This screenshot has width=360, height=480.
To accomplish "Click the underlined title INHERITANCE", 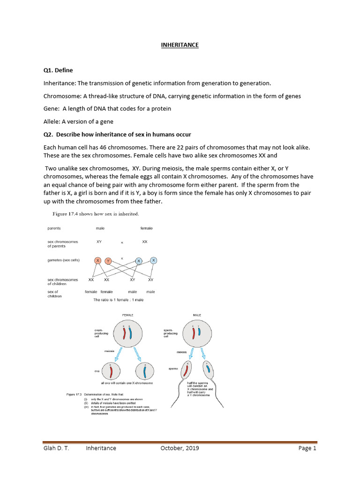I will pos(180,45).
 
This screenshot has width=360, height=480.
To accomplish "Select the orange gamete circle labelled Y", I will pos(108,261).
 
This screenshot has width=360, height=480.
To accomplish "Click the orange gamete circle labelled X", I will pos(97,261).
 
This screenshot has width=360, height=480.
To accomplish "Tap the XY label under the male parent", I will pos(99,242).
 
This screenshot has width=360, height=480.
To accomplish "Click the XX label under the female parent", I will pos(145,242).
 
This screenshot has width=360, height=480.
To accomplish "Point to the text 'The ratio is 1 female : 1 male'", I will pos(119,300).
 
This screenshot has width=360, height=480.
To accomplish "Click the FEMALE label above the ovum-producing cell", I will pos(128,315).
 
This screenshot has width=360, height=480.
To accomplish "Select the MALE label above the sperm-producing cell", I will pos(197,315).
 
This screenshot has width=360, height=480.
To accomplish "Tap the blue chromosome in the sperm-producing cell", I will pos(199,332).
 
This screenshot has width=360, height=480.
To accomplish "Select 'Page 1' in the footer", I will pos(307,448).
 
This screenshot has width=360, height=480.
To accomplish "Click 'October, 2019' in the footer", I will pos(180,448).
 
